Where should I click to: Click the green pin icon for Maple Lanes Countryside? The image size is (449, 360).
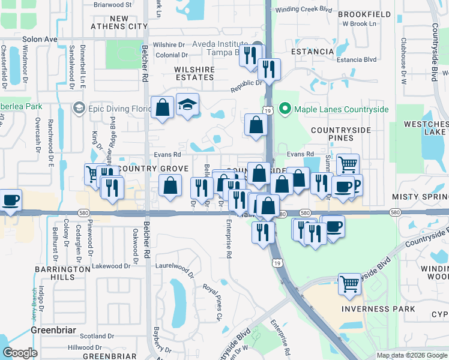click(285, 109)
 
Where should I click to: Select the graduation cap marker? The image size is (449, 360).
click(188, 106)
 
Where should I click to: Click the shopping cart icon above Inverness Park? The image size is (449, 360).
click(349, 283)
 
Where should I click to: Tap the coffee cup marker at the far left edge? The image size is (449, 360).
click(10, 200)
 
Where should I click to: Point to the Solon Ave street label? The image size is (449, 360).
click(40, 39)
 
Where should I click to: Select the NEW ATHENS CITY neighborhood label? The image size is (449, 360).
click(119, 23)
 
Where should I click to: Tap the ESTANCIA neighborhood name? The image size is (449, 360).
click(312, 52)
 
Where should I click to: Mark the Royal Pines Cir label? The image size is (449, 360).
click(211, 301)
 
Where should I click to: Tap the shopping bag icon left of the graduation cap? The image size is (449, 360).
click(162, 108)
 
